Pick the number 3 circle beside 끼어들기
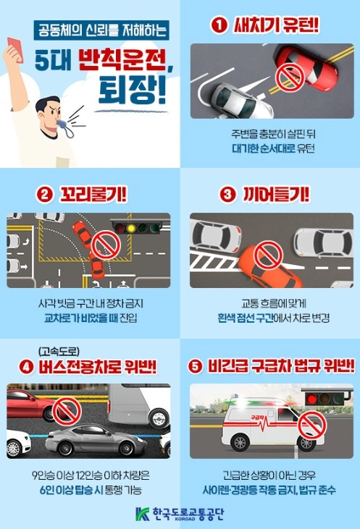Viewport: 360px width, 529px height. pyautogui.click(x=226, y=195)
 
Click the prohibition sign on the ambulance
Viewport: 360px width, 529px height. pyautogui.click(x=313, y=421)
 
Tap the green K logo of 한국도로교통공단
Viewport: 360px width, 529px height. pyautogui.click(x=143, y=515)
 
